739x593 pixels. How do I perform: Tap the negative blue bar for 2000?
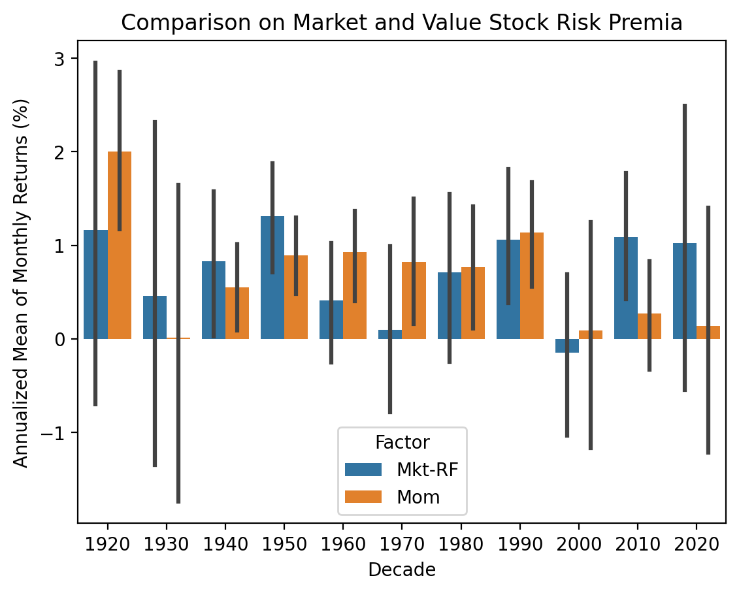click(567, 345)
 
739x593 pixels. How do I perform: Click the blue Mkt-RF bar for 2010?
click(626, 288)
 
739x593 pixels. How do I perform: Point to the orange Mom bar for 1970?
click(414, 300)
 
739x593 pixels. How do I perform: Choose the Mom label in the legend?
click(418, 497)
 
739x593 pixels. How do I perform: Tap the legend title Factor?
click(402, 443)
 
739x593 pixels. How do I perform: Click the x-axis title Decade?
click(402, 570)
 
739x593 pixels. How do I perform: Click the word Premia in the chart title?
click(651, 23)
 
